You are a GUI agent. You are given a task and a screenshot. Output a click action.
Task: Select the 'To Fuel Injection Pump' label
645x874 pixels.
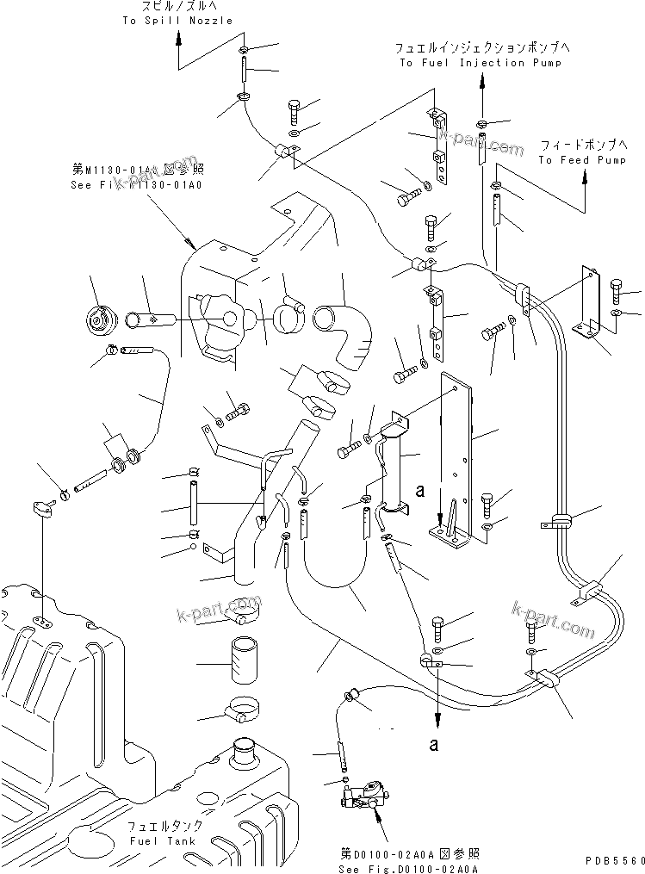coord(481,63)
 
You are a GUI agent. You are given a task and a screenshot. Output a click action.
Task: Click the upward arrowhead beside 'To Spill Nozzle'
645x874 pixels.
coord(178,37)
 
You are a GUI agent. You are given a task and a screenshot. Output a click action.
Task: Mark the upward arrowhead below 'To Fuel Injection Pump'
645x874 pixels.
coord(481,80)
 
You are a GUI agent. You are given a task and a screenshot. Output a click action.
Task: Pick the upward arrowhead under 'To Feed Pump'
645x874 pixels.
coord(585,177)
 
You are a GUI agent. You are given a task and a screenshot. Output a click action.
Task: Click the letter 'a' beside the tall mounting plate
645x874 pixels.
coord(419,492)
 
